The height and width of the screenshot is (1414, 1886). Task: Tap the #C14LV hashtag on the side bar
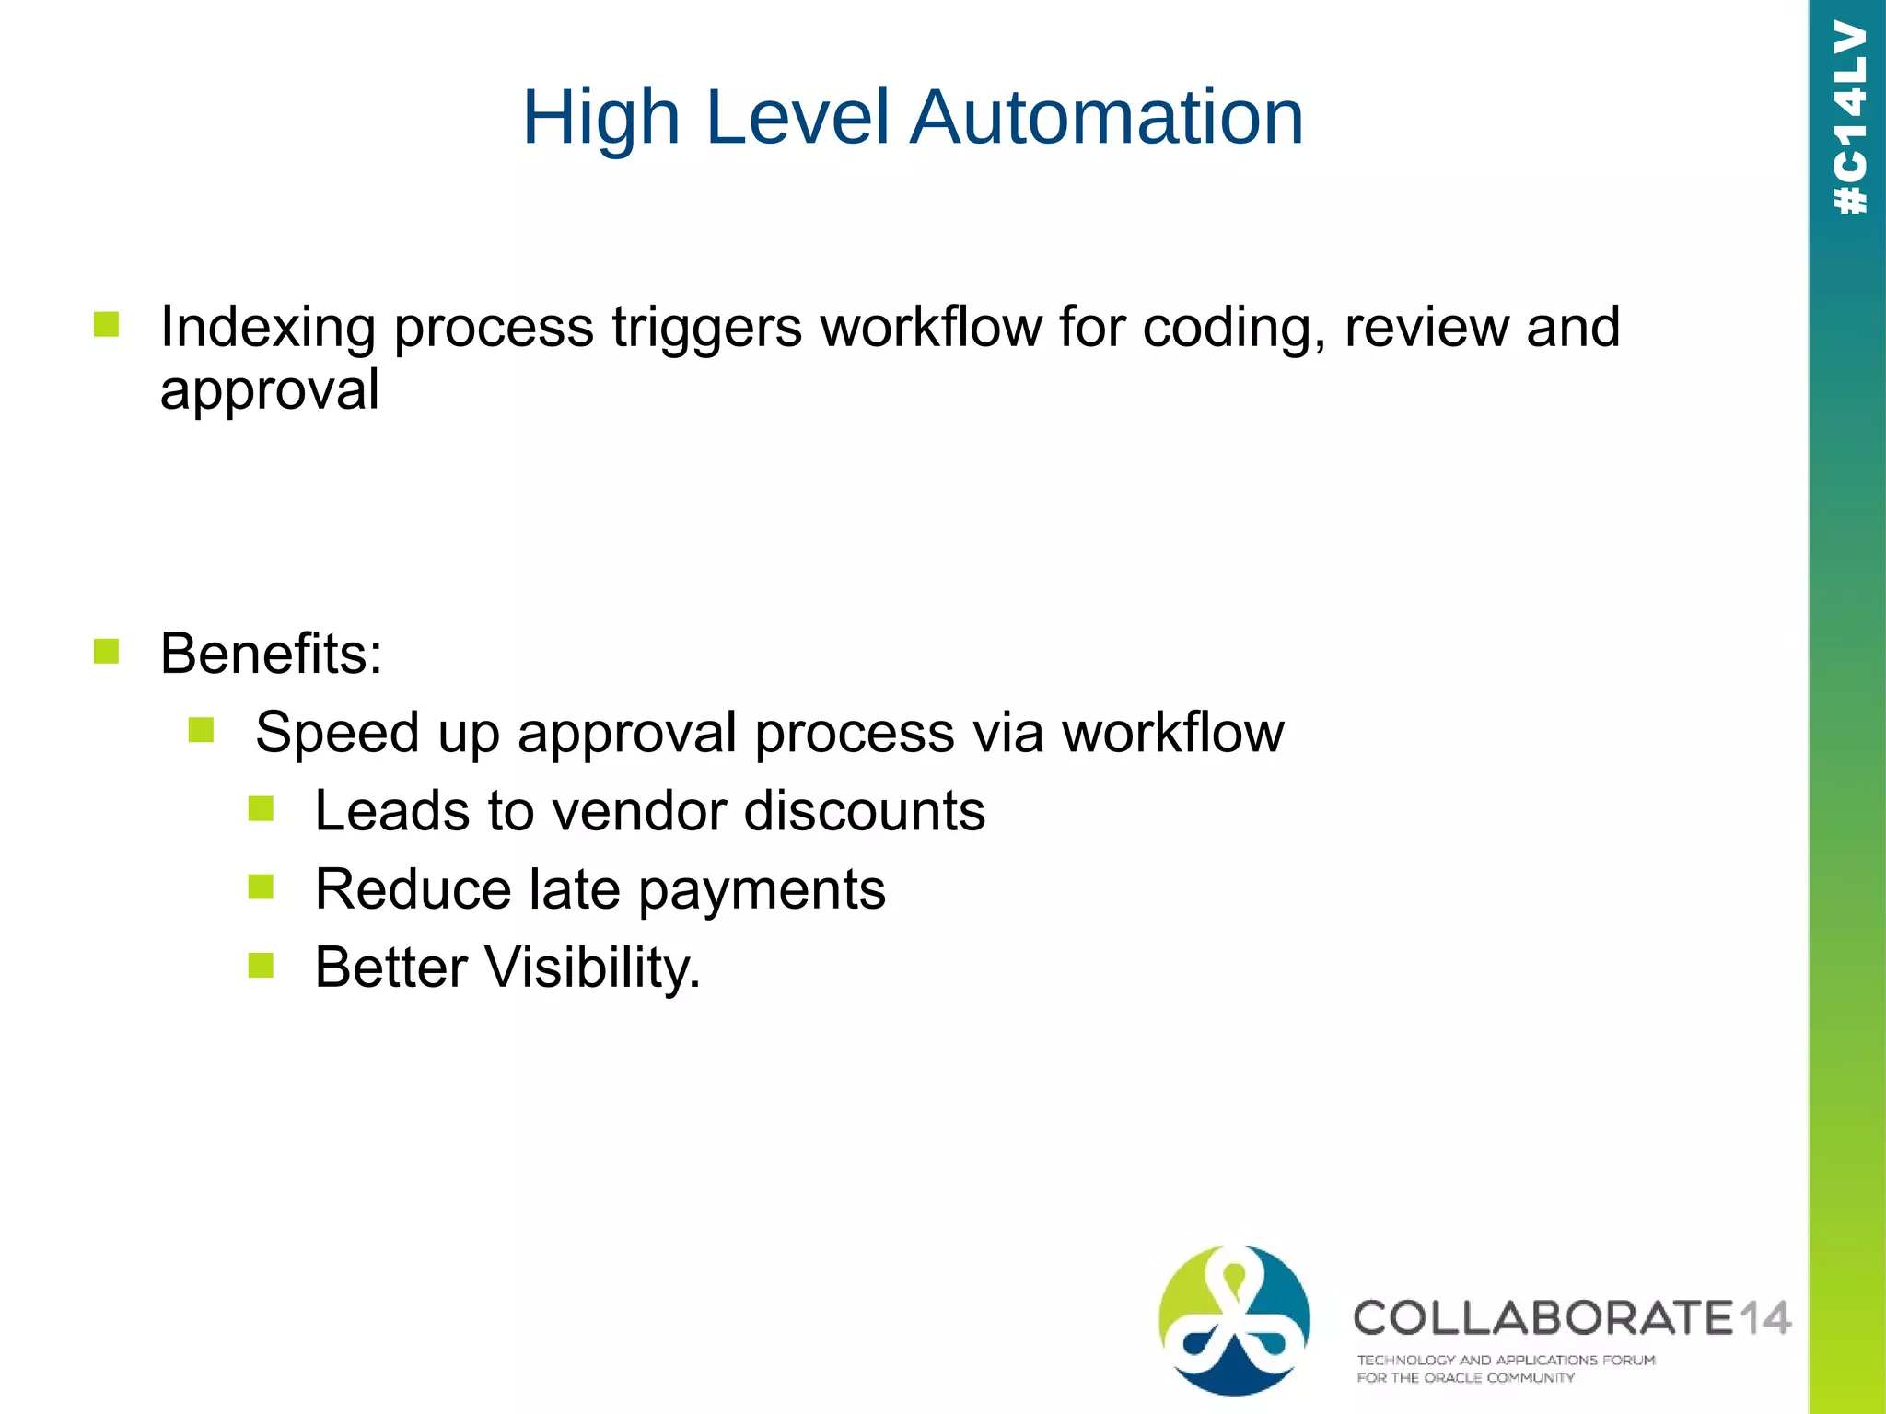tap(1850, 118)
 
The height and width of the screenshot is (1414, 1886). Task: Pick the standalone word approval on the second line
tap(269, 390)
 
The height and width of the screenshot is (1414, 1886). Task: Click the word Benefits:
tap(271, 654)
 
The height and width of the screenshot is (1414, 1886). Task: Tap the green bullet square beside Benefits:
tap(107, 652)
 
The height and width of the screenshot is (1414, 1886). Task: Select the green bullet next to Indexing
tap(107, 325)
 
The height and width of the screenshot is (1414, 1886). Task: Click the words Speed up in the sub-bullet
tap(377, 733)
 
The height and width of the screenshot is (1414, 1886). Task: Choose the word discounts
tap(864, 811)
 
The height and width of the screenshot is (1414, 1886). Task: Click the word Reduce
tap(413, 889)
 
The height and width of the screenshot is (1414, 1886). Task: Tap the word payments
tap(762, 891)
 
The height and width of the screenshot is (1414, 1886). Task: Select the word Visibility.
tap(592, 968)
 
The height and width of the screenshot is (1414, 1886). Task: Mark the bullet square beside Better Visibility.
tap(261, 966)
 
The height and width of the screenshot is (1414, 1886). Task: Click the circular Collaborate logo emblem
tap(1234, 1320)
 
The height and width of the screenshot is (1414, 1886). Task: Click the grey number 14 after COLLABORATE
tap(1764, 1318)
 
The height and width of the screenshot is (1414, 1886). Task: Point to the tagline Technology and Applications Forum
tap(1505, 1360)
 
